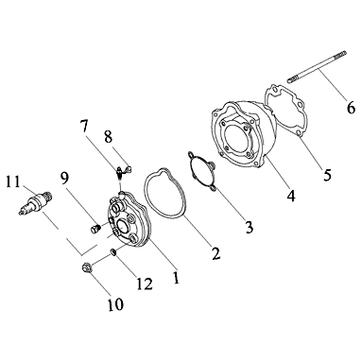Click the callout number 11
tap(13, 182)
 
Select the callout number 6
tap(351, 108)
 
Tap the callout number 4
tap(291, 196)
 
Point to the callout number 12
tap(145, 284)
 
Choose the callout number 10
tap(115, 304)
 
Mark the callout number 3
tap(250, 227)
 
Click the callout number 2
tap(215, 253)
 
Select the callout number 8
tap(109, 137)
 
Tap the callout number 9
tap(64, 179)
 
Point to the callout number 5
tap(327, 174)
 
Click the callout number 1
tap(176, 277)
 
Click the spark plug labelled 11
tap(35, 202)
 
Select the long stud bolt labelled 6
tap(317, 67)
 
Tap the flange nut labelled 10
tap(85, 268)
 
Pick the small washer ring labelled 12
tap(113, 251)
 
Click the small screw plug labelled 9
tap(95, 229)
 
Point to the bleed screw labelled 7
tap(119, 173)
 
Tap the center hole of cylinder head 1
tap(122, 226)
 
